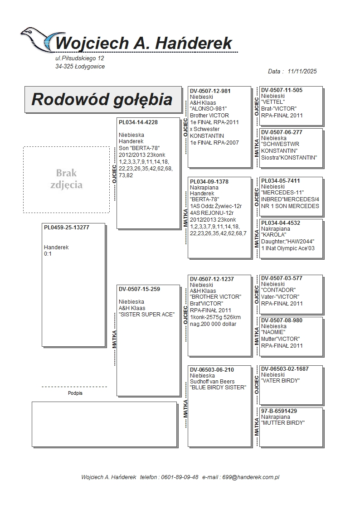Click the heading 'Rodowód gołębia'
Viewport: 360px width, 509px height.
(x=102, y=99)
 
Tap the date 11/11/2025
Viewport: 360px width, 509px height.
(x=302, y=71)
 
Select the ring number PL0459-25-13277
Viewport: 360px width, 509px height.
(x=67, y=228)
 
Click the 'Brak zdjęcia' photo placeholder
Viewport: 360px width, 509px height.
(x=66, y=179)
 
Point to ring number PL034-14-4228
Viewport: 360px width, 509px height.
(x=138, y=122)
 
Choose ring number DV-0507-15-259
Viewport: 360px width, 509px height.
(x=140, y=289)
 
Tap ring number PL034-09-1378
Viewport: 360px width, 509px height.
(x=209, y=182)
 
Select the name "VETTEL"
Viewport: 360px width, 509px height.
(x=273, y=102)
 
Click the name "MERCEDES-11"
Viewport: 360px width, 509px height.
(x=282, y=193)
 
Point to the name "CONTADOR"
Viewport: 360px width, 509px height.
(x=278, y=290)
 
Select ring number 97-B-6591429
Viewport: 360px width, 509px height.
(x=279, y=411)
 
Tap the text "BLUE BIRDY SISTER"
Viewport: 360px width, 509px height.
(x=218, y=388)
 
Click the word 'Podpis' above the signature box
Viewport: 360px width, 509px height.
(x=75, y=393)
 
